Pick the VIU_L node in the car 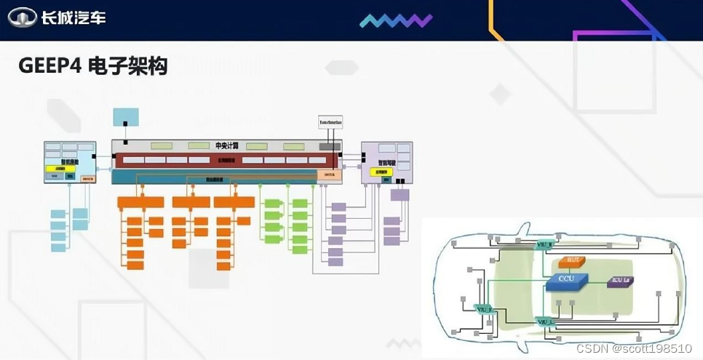click(x=545, y=321)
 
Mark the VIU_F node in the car click(x=483, y=309)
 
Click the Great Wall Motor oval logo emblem click(x=23, y=17)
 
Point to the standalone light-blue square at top click(x=125, y=119)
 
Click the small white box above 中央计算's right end click(x=330, y=121)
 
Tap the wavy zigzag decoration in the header click(x=395, y=20)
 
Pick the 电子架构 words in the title click(x=127, y=67)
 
